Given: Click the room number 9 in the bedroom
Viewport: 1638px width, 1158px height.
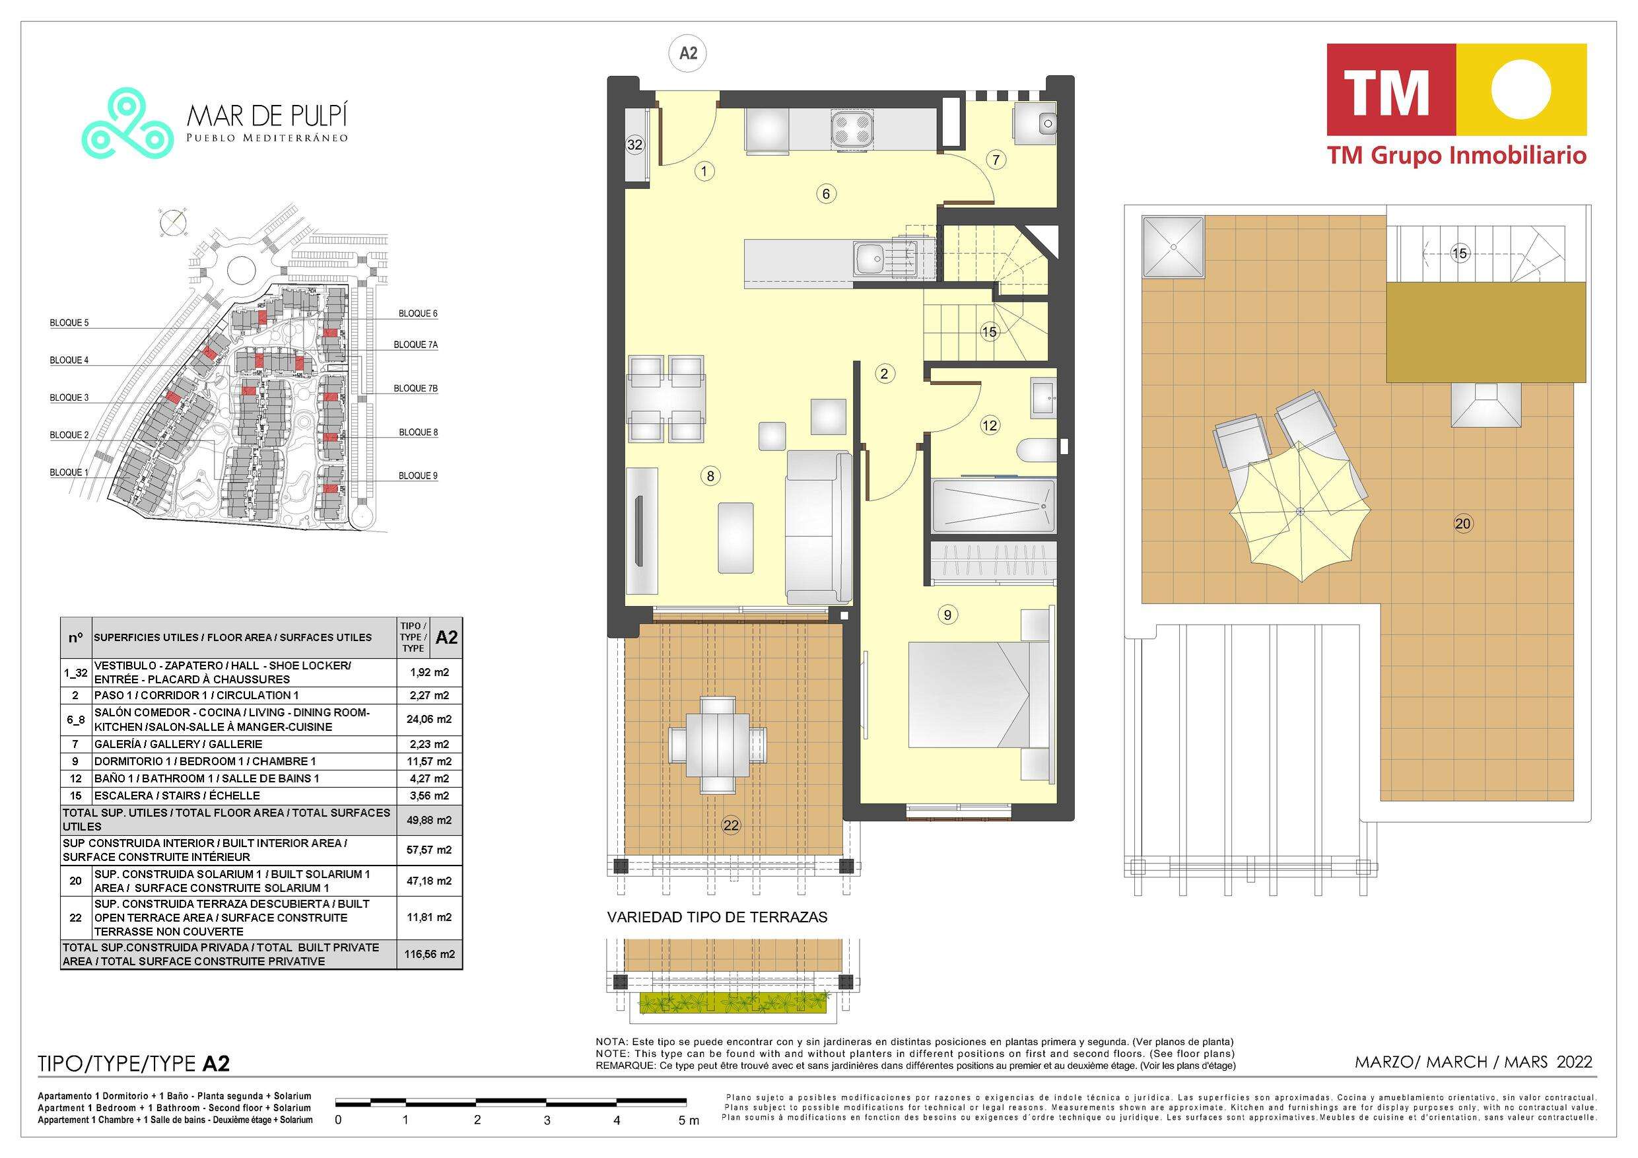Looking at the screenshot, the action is coord(947,614).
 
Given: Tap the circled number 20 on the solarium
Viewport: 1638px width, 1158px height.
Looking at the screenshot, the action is coord(1462,524).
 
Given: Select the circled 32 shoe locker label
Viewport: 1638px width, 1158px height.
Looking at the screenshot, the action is coord(634,145).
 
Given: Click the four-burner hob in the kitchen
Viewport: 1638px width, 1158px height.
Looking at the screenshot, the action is coord(851,131).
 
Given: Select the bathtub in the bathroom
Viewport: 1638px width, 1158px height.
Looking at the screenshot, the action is coord(993,506).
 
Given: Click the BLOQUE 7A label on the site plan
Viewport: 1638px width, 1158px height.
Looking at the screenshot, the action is coord(416,345).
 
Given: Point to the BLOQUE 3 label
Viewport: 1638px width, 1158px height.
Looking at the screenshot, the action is coord(69,397).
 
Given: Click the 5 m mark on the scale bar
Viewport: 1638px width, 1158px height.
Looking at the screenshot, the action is coord(689,1121).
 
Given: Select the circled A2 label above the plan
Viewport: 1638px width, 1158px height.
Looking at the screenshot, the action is coord(688,53).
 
